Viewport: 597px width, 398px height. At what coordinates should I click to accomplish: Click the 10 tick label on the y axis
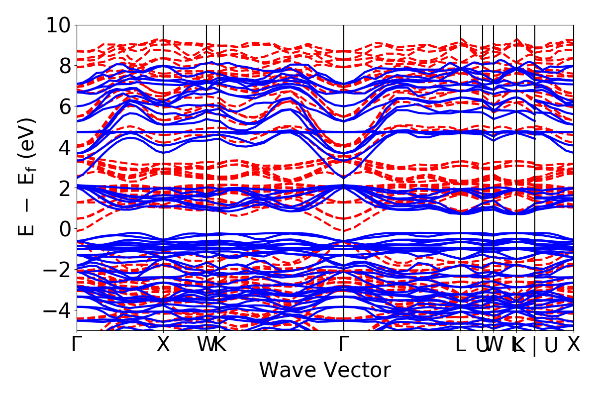point(58,25)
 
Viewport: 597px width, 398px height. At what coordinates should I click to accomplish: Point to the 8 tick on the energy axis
point(65,66)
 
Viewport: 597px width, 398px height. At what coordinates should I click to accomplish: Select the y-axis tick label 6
point(65,106)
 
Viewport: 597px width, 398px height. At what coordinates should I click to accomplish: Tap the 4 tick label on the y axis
point(65,147)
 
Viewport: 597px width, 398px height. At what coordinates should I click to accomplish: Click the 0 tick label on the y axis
point(65,229)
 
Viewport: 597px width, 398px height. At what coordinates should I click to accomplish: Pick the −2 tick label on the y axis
point(58,270)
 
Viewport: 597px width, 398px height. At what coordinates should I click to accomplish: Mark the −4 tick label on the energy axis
point(58,310)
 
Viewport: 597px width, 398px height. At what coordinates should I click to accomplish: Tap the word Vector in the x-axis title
point(356,371)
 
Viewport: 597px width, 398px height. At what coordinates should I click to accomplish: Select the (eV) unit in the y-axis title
point(28,138)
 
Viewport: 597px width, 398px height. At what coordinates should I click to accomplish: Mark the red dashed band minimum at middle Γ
point(344,231)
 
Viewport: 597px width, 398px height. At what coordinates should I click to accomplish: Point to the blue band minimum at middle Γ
point(344,177)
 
